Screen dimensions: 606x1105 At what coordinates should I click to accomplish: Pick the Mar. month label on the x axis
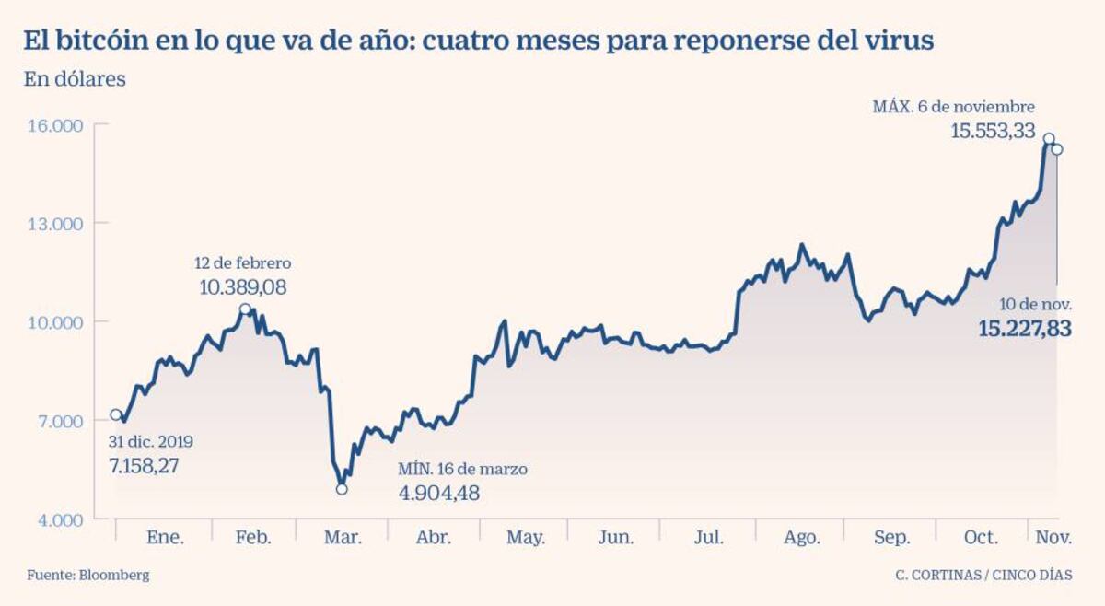[x=342, y=538]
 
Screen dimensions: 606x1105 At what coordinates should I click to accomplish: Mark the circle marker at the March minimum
[x=342, y=489]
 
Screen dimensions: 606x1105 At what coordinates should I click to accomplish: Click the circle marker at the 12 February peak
[x=245, y=309]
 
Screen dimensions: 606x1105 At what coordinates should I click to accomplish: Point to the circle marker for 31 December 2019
[x=116, y=415]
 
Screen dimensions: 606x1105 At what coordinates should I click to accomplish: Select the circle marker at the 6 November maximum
[x=1048, y=139]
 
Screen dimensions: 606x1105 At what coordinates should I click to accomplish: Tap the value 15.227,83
[x=1024, y=329]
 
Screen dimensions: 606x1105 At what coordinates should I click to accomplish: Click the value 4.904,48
[x=438, y=493]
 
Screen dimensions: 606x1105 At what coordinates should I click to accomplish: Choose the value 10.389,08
[x=243, y=287]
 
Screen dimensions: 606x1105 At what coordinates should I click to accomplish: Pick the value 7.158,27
[x=144, y=465]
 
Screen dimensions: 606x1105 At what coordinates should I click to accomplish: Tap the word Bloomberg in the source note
[x=113, y=575]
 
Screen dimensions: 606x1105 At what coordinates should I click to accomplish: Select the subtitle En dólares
[x=75, y=79]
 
